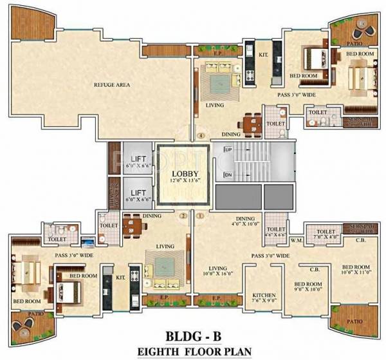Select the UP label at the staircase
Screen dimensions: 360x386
228,150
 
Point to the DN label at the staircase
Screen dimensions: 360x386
228,175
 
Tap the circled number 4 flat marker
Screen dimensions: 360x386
201,137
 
